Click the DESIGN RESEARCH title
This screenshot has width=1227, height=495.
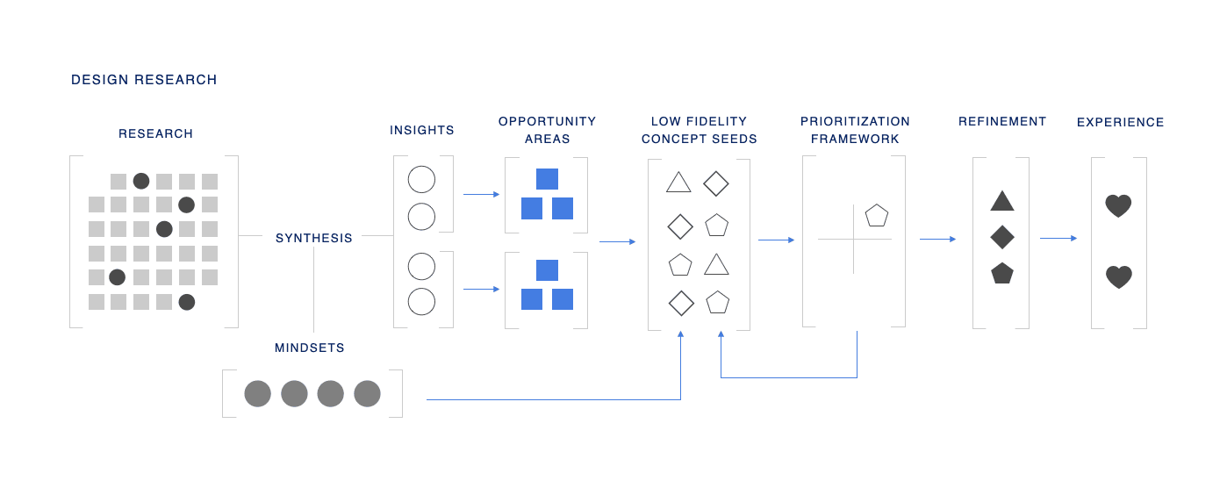point(144,80)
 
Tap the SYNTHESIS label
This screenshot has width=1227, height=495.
point(314,238)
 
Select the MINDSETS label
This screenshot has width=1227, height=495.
point(310,348)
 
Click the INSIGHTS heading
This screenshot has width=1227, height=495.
point(422,130)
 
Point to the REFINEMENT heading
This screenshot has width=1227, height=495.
point(1002,121)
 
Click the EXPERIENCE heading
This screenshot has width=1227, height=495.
point(1120,122)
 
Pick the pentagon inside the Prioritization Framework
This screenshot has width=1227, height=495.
point(877,215)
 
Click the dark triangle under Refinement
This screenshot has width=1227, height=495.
point(1002,202)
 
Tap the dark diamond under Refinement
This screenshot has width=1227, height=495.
point(1002,237)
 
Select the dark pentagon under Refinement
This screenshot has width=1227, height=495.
point(1002,273)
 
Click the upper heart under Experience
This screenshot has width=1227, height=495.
point(1118,206)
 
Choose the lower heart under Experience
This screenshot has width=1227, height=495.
point(1118,277)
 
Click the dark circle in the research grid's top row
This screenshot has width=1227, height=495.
point(141,181)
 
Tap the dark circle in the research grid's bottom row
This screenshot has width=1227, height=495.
point(187,302)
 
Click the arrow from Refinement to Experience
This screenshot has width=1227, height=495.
point(1058,238)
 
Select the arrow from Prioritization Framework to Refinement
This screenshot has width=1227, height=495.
point(938,239)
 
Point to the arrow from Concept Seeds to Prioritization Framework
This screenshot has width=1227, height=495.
point(777,240)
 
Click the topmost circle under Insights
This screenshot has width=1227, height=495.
point(422,179)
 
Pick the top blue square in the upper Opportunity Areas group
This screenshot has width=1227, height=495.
point(547,179)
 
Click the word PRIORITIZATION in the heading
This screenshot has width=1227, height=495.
point(855,121)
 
